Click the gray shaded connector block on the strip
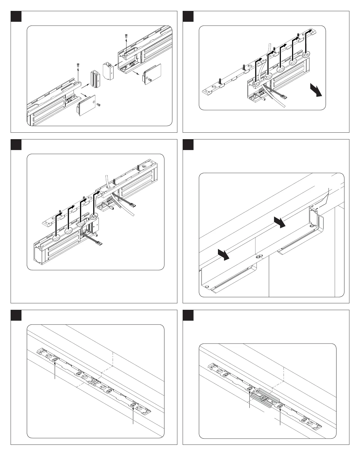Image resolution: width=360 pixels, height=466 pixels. (265, 397)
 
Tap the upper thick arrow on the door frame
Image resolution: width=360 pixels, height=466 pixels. (280, 222)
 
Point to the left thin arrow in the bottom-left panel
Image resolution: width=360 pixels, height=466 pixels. (55, 371)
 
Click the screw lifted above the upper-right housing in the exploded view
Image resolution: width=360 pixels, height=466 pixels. (126, 36)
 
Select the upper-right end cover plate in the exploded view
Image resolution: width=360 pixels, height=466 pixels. (152, 72)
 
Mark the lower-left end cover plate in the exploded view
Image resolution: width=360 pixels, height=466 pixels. (85, 104)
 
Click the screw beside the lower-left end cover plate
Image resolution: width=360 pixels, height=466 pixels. (99, 104)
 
